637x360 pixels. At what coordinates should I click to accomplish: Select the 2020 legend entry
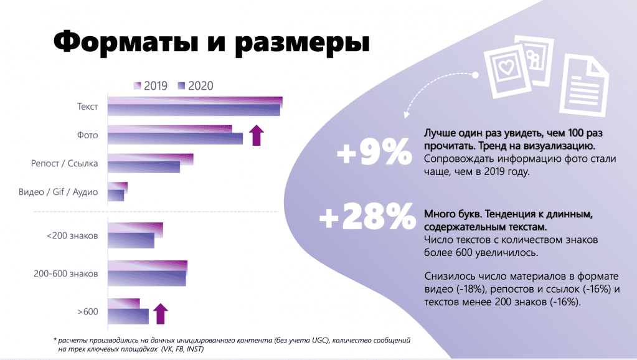tap(195, 86)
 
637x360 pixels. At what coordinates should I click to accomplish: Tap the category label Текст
tap(87, 107)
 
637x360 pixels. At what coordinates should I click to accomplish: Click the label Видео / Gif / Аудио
tap(59, 192)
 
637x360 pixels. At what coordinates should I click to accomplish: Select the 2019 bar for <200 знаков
tap(135, 228)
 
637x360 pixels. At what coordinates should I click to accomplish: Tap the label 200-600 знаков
tap(65, 273)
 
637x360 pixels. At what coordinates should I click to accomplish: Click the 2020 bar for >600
tap(128, 316)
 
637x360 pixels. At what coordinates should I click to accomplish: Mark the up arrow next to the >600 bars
tap(161, 313)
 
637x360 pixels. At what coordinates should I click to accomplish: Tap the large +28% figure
tap(367, 218)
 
